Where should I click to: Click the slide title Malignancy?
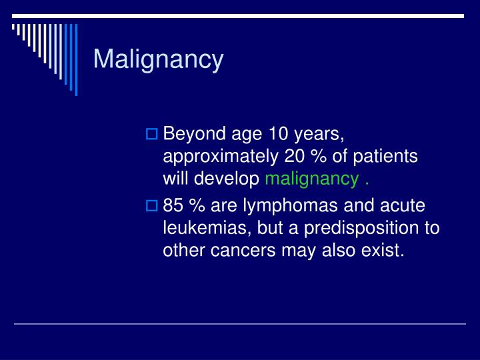(x=158, y=59)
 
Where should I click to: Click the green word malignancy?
(x=312, y=179)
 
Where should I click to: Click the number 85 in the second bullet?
(x=173, y=207)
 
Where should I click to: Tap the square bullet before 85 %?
(x=151, y=207)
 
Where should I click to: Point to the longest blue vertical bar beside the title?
(x=75, y=59)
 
